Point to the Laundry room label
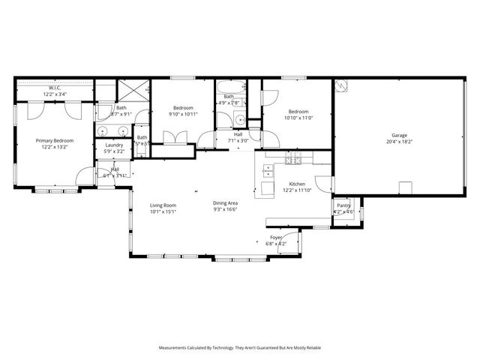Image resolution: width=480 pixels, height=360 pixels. coord(114,145)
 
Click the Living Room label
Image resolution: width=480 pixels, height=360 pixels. coord(163,205)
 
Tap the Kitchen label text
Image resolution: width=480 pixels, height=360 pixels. coord(298,184)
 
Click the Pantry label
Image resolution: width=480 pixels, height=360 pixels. coord(343,205)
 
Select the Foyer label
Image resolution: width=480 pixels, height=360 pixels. coord(277,238)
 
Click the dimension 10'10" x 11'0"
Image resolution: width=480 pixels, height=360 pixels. coord(298,118)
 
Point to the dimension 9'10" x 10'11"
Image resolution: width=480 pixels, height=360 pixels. coord(184,114)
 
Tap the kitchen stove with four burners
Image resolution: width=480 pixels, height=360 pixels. coord(293,158)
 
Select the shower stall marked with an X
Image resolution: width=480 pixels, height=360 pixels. coord(135,94)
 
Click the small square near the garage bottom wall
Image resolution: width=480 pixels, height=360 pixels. coord(405,187)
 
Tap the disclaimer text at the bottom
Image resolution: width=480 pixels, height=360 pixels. coord(240,348)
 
